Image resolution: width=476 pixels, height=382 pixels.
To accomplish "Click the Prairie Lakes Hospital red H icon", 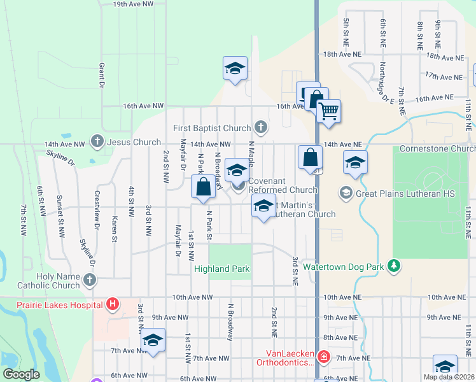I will point(113,304).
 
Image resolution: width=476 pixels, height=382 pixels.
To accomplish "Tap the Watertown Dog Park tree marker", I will point(395,264).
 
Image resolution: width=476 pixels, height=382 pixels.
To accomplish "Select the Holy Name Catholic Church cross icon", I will point(89,279).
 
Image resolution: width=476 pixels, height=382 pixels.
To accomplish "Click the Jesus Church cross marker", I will point(97,140).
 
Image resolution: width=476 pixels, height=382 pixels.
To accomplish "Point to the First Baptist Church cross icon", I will point(260,126).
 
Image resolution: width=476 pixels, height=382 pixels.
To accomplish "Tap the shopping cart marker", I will point(328,111).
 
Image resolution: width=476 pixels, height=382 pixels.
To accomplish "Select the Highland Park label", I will point(222,269).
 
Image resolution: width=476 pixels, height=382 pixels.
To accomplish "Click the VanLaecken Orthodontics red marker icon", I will point(324,357).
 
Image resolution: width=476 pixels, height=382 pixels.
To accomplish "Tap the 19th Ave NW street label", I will point(134,4).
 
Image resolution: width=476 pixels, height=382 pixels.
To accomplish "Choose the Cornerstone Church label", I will point(437,149).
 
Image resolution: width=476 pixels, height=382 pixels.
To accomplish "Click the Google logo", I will point(21,374).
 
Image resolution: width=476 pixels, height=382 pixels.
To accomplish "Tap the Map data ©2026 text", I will point(449,377).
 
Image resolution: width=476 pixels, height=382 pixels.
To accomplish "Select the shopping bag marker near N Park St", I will point(203,187).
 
